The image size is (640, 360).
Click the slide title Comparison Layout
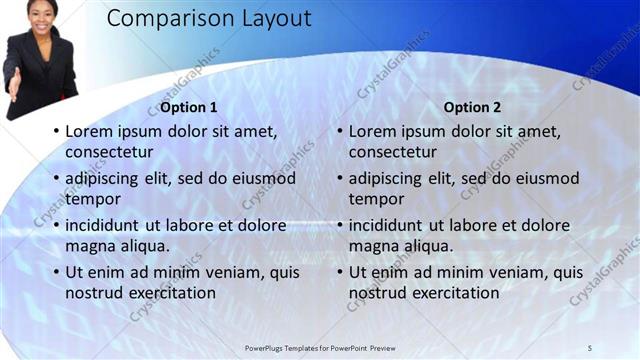[208, 19]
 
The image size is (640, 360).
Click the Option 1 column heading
[188, 107]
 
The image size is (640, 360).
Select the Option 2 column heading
[471, 107]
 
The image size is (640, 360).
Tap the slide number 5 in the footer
[590, 347]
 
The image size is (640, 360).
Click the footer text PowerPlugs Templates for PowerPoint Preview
[320, 347]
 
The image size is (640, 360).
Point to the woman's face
[42, 13]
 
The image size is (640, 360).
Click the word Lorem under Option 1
[90, 130]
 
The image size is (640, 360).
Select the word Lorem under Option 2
[373, 130]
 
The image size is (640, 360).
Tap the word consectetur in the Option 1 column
[109, 152]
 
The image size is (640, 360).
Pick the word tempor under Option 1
[92, 199]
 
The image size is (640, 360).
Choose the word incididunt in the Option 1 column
[107, 225]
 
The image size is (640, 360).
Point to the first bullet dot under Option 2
[340, 131]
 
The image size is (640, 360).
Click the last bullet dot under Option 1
[57, 273]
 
